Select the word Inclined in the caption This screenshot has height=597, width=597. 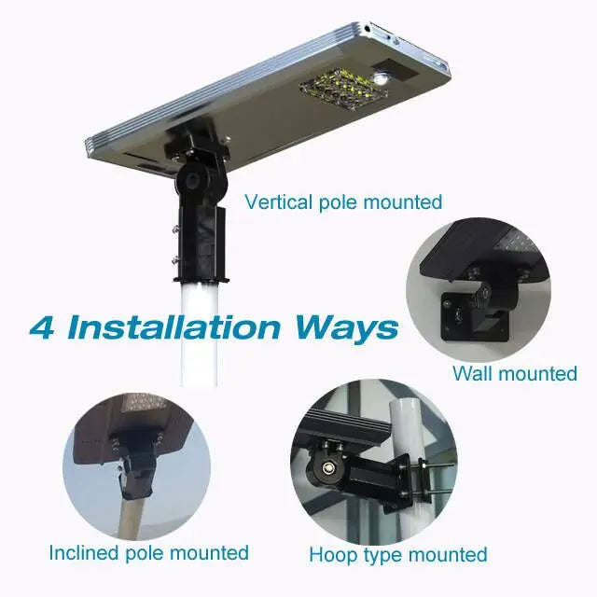[84, 553]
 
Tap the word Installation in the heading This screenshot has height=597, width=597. [174, 327]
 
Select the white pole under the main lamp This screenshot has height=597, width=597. [199, 334]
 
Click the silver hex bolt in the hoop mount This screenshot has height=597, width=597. [327, 468]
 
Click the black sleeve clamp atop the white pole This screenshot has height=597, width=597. [201, 244]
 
